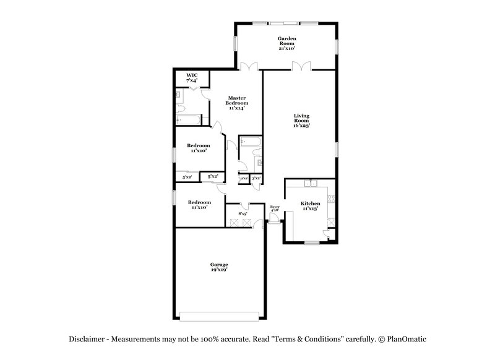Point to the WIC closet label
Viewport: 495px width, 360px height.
coord(191,75)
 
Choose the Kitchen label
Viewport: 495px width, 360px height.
coord(310,203)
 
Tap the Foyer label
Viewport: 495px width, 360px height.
coord(275,207)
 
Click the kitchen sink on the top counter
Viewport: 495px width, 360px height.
coord(312,184)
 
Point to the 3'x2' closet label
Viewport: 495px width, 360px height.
coord(256,178)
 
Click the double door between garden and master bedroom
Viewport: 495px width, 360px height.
coord(249,66)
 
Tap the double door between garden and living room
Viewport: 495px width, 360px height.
coord(301,66)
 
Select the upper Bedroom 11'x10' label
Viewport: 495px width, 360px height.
coord(199,148)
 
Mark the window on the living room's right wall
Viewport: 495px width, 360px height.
coord(337,150)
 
